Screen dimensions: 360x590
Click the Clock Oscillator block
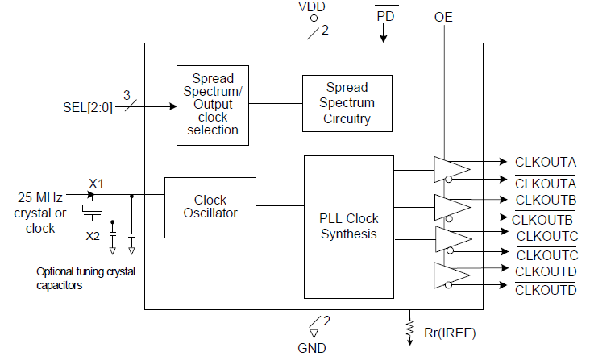pos(210,207)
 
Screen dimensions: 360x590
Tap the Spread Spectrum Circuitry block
pos(347,103)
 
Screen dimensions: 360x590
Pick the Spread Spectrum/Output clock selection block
pos(213,104)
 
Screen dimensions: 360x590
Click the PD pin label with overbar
pos(385,15)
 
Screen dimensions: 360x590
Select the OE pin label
pos(443,16)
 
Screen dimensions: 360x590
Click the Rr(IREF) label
pos(450,331)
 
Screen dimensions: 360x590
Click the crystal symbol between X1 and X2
pos(93,209)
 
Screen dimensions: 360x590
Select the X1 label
pos(96,184)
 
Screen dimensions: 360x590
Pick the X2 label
pos(93,235)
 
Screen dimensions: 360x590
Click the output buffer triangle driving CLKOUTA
pos(451,169)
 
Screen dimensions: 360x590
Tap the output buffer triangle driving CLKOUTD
pos(451,275)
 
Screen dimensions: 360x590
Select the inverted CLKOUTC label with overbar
pos(546,254)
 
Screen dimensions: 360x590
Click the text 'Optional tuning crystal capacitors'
pos(85,279)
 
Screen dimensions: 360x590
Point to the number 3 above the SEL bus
pos(126,95)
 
